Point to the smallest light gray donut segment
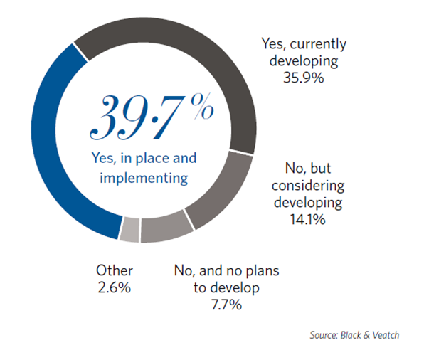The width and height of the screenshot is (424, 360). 129,230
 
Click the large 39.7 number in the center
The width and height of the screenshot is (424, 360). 135,117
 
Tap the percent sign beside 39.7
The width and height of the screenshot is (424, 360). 202,106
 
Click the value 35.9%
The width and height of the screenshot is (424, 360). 303,78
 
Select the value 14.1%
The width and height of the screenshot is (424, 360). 308,219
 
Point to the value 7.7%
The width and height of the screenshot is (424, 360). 226,305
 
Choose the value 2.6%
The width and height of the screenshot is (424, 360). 114,287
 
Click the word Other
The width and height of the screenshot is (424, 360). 115,271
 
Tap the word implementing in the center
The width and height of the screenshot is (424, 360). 144,179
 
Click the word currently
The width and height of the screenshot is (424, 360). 318,45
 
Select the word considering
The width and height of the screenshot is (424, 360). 308,186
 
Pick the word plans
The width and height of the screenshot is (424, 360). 262,271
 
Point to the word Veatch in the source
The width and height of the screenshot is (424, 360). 386,335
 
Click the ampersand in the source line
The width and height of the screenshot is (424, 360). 366,335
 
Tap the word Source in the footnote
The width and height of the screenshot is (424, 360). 324,335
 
